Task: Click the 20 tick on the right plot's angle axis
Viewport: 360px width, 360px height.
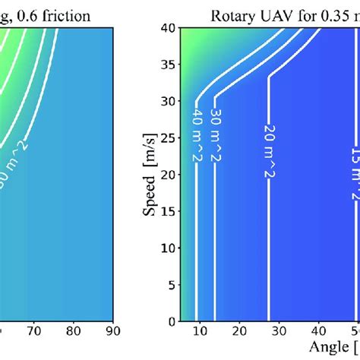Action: [x=238, y=332]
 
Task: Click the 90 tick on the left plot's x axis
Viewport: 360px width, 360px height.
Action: [x=111, y=332]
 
